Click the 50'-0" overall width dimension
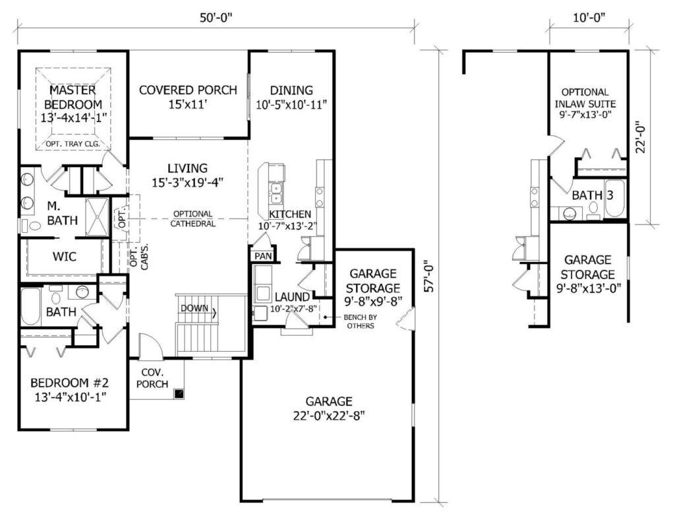[216, 18]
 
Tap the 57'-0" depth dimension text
[428, 277]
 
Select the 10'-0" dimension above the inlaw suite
[589, 18]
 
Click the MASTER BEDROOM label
[73, 97]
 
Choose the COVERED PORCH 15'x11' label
[188, 97]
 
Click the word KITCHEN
[290, 214]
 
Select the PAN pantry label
[263, 256]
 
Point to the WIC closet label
[64, 257]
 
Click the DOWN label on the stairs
[194, 308]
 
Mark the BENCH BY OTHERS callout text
[361, 321]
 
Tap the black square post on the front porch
[178, 393]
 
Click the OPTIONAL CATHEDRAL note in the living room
[193, 218]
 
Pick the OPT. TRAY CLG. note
[73, 144]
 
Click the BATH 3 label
[593, 195]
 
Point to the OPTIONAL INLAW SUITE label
[585, 98]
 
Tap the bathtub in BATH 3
[615, 199]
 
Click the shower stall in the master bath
[98, 217]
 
